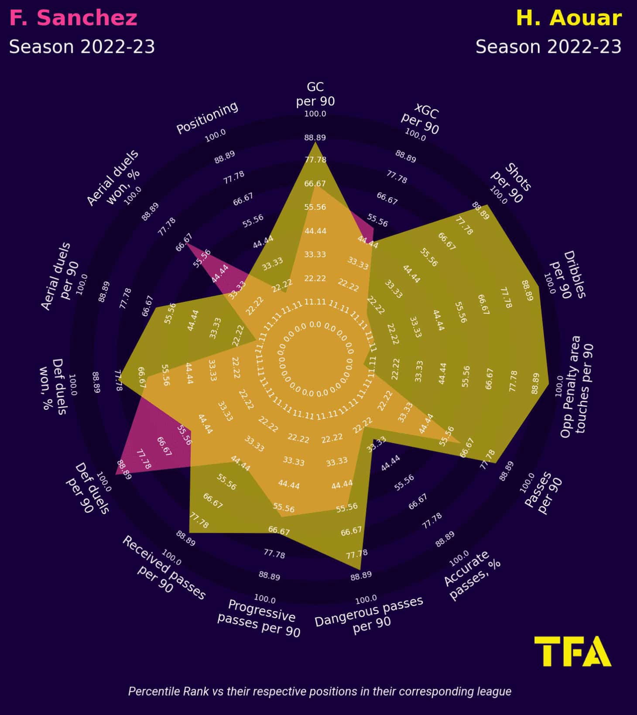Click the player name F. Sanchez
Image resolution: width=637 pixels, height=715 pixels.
pyautogui.click(x=73, y=18)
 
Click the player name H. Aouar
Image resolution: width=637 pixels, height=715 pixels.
pyautogui.click(x=569, y=18)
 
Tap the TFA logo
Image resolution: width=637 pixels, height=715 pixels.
pyautogui.click(x=572, y=651)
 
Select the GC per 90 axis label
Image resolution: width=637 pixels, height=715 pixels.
pyautogui.click(x=315, y=94)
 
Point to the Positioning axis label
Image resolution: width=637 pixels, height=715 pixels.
pyautogui.click(x=207, y=117)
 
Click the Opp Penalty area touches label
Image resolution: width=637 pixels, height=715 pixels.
pyautogui.click(x=576, y=387)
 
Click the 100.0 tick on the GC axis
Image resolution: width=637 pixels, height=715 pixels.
pyautogui.click(x=315, y=114)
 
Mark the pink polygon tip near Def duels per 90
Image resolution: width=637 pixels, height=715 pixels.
pyautogui.click(x=116, y=475)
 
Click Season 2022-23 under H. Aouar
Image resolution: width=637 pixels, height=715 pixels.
pyautogui.click(x=548, y=47)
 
